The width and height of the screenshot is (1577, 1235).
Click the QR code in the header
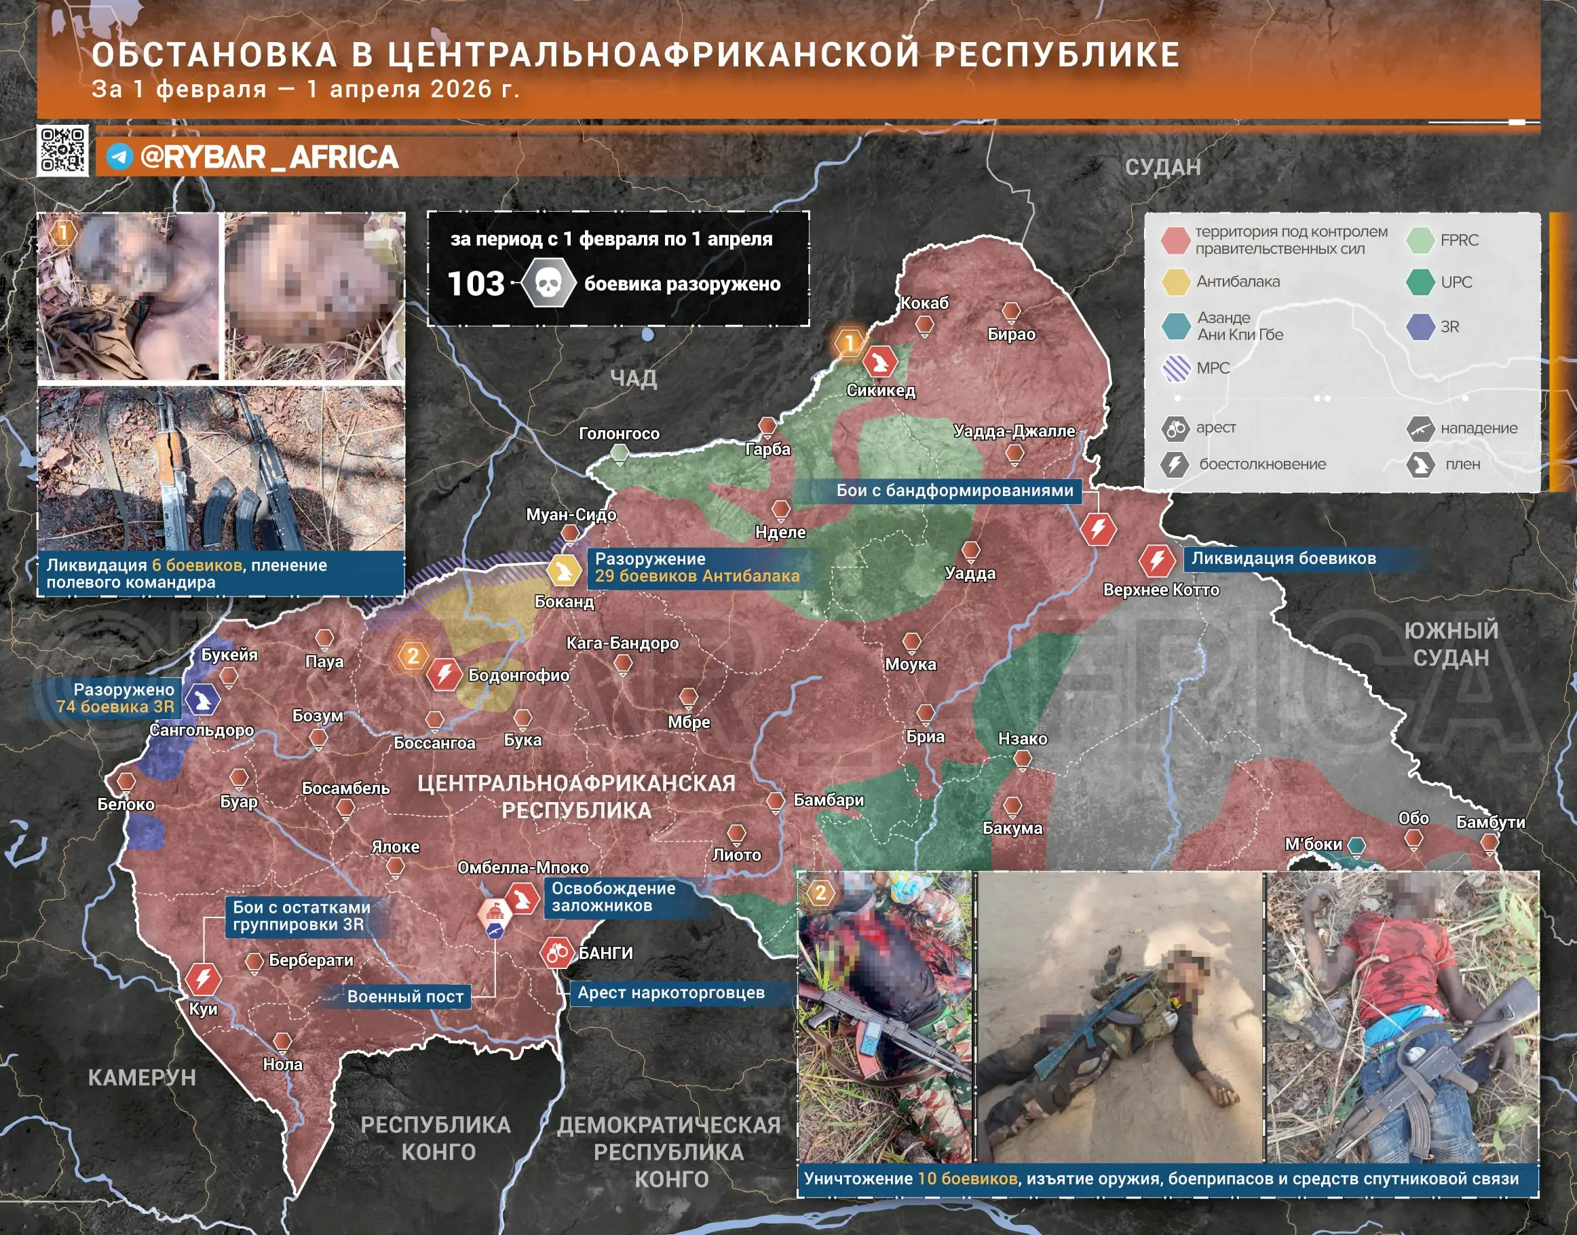point(63,151)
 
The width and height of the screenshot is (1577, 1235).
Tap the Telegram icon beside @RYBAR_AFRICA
point(119,157)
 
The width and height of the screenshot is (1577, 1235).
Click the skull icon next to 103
point(548,284)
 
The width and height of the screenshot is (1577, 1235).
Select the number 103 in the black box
point(476,284)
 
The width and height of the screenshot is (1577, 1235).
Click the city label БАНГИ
point(605,953)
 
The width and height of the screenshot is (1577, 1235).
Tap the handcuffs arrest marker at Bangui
point(556,953)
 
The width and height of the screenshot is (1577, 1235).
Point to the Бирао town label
point(1011,334)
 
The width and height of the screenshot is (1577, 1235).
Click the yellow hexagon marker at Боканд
point(563,571)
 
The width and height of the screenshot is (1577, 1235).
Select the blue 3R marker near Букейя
point(202,699)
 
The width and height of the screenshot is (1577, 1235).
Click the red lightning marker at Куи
point(203,979)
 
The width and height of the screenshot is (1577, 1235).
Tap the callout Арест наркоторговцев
point(670,993)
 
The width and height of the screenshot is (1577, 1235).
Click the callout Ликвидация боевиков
point(1283,558)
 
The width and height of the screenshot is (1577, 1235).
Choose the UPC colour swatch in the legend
point(1420,282)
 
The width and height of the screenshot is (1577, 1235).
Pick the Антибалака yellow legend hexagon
point(1176,282)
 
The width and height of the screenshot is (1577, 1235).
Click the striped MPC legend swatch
point(1176,368)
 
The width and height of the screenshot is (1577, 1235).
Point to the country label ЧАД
point(632,378)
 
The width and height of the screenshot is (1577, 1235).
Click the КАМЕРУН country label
point(142,1078)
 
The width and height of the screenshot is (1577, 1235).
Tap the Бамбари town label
point(829,800)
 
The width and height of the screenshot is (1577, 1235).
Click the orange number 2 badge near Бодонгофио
point(412,655)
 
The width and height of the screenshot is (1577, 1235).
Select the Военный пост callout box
point(405,996)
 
